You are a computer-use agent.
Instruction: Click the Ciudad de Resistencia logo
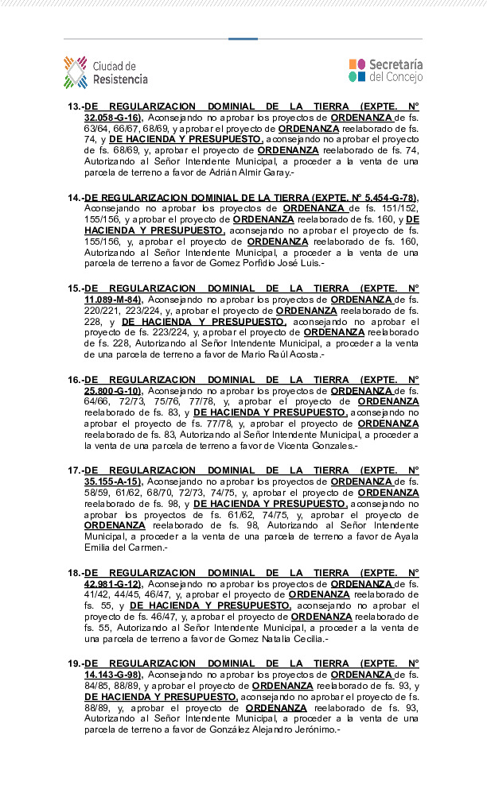click(106, 72)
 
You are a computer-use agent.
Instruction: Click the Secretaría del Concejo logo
click(385, 71)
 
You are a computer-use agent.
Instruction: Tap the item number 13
click(74, 106)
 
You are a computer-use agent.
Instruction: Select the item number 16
click(74, 380)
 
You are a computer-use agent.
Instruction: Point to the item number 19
click(74, 664)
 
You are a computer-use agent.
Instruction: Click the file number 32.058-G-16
click(112, 118)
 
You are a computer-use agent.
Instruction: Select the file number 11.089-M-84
click(112, 300)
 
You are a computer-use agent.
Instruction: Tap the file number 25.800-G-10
click(112, 391)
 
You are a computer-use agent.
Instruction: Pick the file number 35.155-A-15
click(112, 482)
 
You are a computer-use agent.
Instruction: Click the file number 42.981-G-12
click(112, 584)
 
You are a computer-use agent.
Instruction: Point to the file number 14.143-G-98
click(112, 675)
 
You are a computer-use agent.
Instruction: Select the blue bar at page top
click(243, 38)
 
